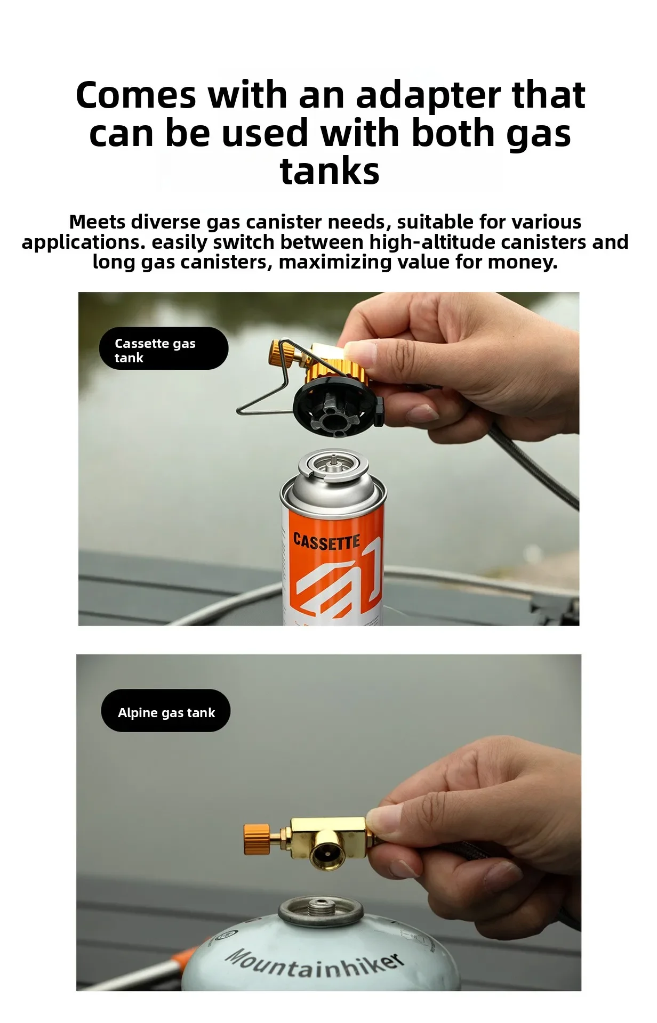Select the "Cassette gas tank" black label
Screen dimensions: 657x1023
coord(164,348)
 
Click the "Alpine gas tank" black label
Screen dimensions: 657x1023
coord(166,711)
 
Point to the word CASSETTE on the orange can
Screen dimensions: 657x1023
coord(327,542)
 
